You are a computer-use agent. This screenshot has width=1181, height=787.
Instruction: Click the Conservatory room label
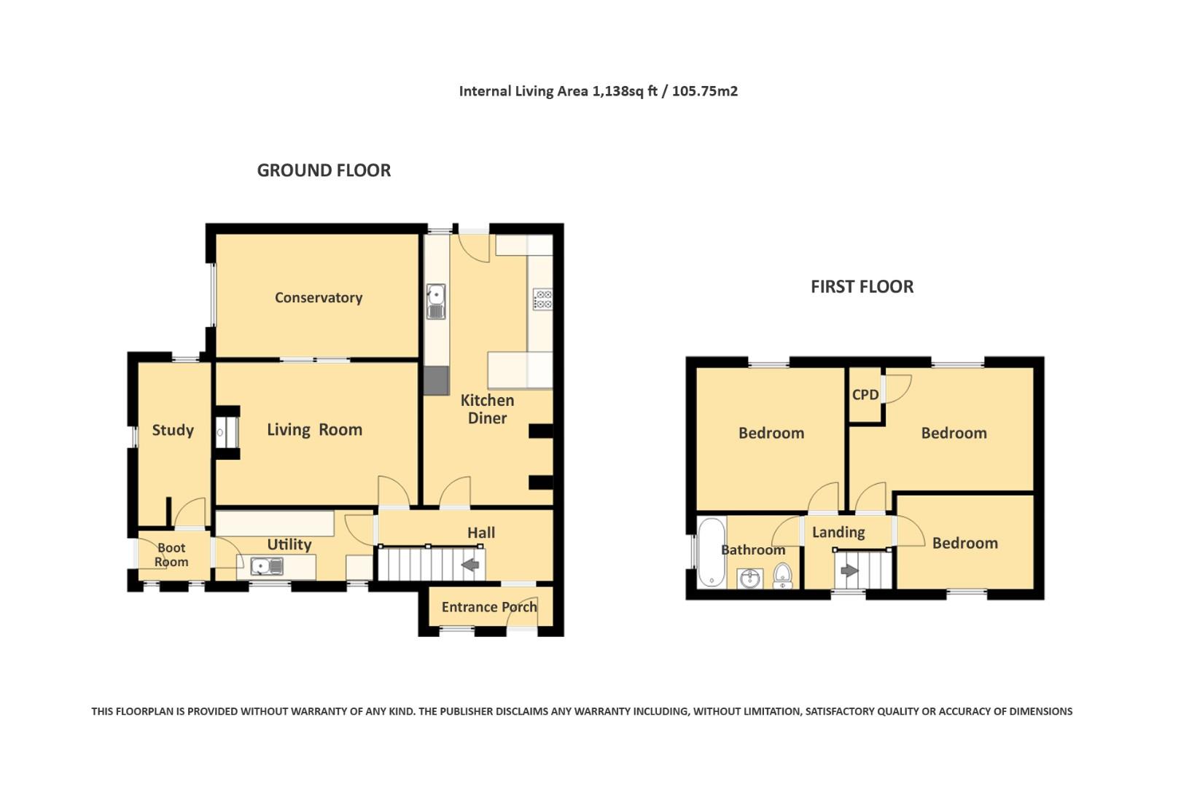coord(318,297)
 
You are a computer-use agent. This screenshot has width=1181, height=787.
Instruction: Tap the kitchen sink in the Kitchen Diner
coord(436,301)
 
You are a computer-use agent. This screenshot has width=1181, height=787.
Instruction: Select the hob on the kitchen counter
coord(542,299)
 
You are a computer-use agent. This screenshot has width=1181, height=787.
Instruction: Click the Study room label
coord(173,430)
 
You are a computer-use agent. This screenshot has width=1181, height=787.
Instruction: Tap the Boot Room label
coord(171,555)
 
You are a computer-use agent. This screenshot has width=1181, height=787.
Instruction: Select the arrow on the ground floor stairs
coord(470,564)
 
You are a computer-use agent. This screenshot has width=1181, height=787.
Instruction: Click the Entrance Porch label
coord(488,607)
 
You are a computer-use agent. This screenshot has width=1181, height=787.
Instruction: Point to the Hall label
coord(480,533)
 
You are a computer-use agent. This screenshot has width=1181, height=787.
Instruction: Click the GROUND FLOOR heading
coord(324,171)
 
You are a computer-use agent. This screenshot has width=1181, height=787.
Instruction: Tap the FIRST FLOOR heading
coord(862,286)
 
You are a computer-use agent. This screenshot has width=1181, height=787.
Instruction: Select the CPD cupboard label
coord(865,394)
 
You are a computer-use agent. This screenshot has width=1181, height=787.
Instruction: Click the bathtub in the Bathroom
coord(711,552)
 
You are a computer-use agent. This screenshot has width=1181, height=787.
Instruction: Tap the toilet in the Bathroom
coord(782,576)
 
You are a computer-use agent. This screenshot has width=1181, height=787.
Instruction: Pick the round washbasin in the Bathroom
coord(749,579)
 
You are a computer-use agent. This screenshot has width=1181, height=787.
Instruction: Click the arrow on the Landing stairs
coord(849,571)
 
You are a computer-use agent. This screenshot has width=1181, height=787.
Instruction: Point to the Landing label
coord(838,532)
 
